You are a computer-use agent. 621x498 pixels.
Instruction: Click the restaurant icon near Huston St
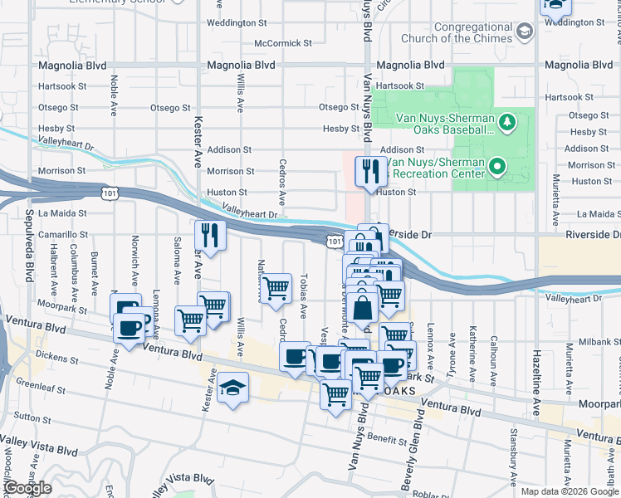(x=367, y=171)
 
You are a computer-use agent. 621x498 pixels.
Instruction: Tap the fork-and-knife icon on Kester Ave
(x=211, y=235)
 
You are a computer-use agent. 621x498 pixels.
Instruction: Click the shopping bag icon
(x=363, y=306)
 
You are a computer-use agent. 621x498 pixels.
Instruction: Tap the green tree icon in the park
(x=508, y=124)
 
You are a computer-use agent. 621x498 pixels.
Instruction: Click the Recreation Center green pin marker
(x=497, y=168)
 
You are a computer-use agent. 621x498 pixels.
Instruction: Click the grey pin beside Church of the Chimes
(x=524, y=32)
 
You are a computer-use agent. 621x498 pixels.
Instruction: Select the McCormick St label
(x=283, y=42)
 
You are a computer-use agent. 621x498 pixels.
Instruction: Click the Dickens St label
(x=57, y=360)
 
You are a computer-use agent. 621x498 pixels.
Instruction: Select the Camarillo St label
(x=61, y=235)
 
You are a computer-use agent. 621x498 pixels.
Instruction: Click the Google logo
(x=27, y=488)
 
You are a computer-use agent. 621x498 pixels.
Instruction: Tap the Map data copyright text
(x=570, y=491)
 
